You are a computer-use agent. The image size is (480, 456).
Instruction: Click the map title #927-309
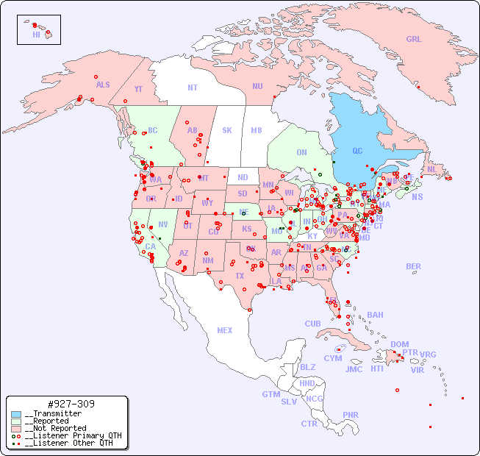pyautogui.click(x=71, y=404)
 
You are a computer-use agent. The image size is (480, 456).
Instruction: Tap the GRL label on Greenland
pyautogui.click(x=414, y=40)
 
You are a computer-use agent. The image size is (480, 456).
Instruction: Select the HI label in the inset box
pyautogui.click(x=36, y=35)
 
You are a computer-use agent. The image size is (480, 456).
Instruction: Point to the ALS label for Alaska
pyautogui.click(x=103, y=85)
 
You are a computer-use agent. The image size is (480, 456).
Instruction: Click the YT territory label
pyautogui.click(x=138, y=89)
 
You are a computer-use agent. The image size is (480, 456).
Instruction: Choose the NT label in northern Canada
pyautogui.click(x=193, y=88)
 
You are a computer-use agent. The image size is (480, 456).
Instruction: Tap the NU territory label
pyautogui.click(x=257, y=86)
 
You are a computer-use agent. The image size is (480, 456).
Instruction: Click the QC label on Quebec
pyautogui.click(x=357, y=152)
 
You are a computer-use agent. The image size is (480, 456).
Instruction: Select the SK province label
pyautogui.click(x=227, y=130)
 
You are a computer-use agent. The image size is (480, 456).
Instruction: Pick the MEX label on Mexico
pyautogui.click(x=225, y=330)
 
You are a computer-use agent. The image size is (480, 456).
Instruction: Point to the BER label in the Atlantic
pyautogui.click(x=414, y=266)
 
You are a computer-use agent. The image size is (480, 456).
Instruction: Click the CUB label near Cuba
pyautogui.click(x=312, y=324)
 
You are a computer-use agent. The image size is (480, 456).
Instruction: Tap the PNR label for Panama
pyautogui.click(x=351, y=415)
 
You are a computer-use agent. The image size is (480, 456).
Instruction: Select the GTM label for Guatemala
pyautogui.click(x=271, y=394)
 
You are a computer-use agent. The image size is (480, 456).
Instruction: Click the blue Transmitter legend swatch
pyautogui.click(x=16, y=414)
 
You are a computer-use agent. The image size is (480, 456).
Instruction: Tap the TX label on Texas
pyautogui.click(x=240, y=276)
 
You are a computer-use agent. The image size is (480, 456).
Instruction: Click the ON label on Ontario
pyautogui.click(x=301, y=153)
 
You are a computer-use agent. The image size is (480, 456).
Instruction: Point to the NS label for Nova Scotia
pyautogui.click(x=418, y=197)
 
